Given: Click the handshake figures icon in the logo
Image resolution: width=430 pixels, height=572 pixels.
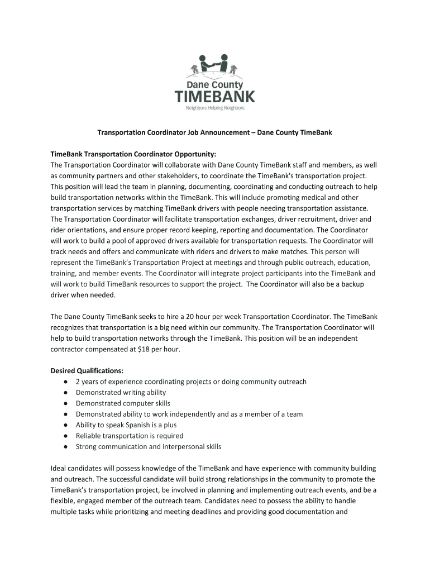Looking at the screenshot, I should coord(215,65).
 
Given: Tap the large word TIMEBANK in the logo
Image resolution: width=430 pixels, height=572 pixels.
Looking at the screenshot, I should coord(215,96).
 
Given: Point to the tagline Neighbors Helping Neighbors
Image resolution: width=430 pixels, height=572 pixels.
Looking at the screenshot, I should coord(215,108).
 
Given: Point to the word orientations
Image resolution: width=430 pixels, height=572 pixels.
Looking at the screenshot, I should coord(89,230).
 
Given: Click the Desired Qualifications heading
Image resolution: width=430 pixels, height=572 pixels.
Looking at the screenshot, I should coord(87,371).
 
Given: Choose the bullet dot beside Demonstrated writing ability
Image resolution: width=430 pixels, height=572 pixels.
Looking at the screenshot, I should coord(66,393).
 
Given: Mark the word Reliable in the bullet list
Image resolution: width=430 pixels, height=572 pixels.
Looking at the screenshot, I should coord(88,436).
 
